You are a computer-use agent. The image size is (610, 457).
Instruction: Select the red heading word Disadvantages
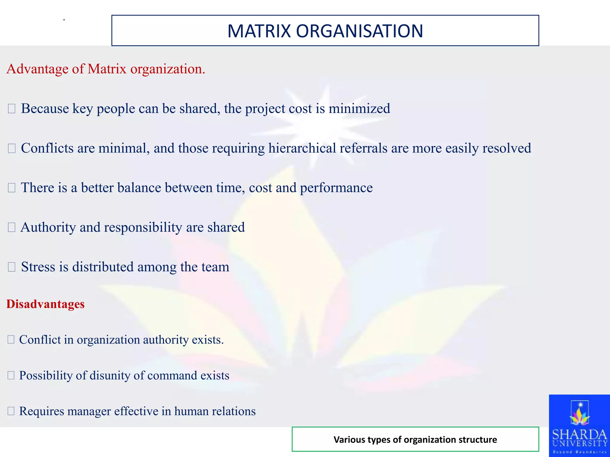click(46, 304)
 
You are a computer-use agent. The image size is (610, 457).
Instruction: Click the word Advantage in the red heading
click(38, 69)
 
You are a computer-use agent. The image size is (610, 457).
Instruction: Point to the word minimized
click(359, 109)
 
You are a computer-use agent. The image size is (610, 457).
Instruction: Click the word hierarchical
click(302, 148)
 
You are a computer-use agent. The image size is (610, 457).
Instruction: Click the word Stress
click(38, 267)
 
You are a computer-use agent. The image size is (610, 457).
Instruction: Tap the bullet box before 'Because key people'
click(12, 109)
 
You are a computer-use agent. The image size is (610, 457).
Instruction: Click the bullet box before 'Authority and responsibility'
click(12, 228)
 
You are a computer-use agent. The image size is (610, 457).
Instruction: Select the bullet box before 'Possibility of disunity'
click(11, 375)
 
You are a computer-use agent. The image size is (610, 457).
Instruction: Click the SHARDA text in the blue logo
click(579, 435)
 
